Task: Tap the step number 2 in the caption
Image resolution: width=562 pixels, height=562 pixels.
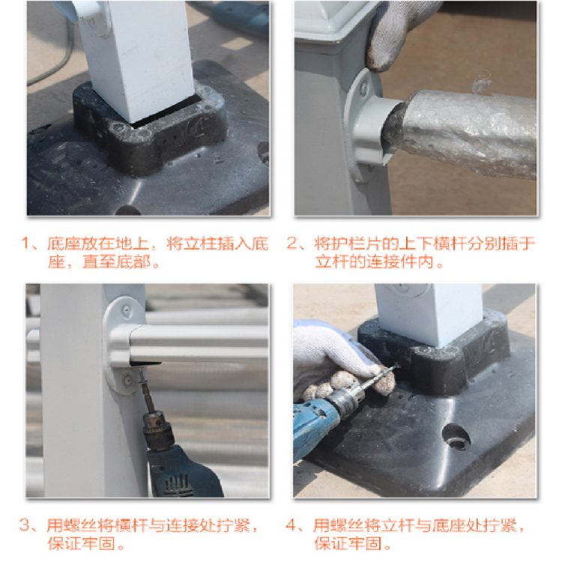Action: tap(291, 244)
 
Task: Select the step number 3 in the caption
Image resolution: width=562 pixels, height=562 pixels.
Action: tap(25, 526)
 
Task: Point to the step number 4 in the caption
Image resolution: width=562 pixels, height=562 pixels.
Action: tap(291, 526)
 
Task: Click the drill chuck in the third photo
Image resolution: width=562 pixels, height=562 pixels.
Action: tap(157, 430)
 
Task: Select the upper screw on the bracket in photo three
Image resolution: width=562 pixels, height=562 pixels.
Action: tap(126, 310)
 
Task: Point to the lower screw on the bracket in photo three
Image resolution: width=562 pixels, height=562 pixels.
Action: tap(127, 378)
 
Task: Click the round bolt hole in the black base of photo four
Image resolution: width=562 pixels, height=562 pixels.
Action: tap(456, 437)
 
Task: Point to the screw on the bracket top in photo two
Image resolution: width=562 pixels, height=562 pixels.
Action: tap(363, 87)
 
